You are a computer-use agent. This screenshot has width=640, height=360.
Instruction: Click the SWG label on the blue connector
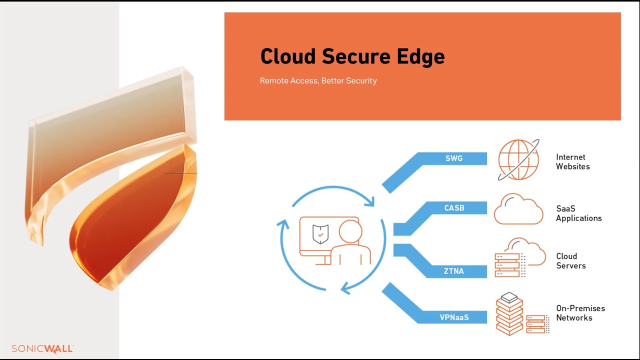coord(454,158)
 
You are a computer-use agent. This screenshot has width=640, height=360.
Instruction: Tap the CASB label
coord(454,208)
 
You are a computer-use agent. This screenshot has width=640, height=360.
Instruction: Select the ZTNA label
coord(454,271)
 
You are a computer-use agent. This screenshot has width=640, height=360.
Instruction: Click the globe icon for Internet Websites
coord(518,160)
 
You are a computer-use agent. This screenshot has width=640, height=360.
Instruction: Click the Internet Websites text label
coord(572,161)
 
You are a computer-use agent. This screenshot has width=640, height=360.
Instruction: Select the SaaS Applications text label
coord(578,213)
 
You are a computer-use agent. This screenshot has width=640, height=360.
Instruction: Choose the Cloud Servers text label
coord(570,260)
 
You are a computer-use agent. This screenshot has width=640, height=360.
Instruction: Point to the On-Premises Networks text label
coord(580,312)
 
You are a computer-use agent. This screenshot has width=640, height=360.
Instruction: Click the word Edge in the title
coord(423,56)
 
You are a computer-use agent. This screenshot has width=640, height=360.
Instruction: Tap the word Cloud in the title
coord(287,56)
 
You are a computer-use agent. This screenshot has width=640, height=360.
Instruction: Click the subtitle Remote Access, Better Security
coord(318,80)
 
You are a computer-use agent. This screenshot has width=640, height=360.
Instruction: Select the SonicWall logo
coord(42,348)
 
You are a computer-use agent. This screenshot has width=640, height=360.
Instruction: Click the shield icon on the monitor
coord(320,233)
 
